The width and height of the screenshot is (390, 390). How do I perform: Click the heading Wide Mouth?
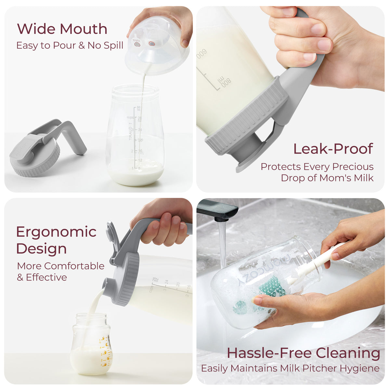coord(62,29)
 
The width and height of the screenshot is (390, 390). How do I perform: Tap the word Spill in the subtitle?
coord(114,45)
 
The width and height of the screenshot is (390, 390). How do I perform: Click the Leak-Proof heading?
coord(333,149)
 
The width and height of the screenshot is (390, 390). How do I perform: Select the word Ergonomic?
coord(56,232)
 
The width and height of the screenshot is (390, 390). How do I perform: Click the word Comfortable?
coord(74,266)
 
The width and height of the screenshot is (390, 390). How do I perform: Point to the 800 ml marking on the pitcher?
coord(224,82)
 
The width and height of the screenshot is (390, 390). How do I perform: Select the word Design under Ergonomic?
coord(42,249)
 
